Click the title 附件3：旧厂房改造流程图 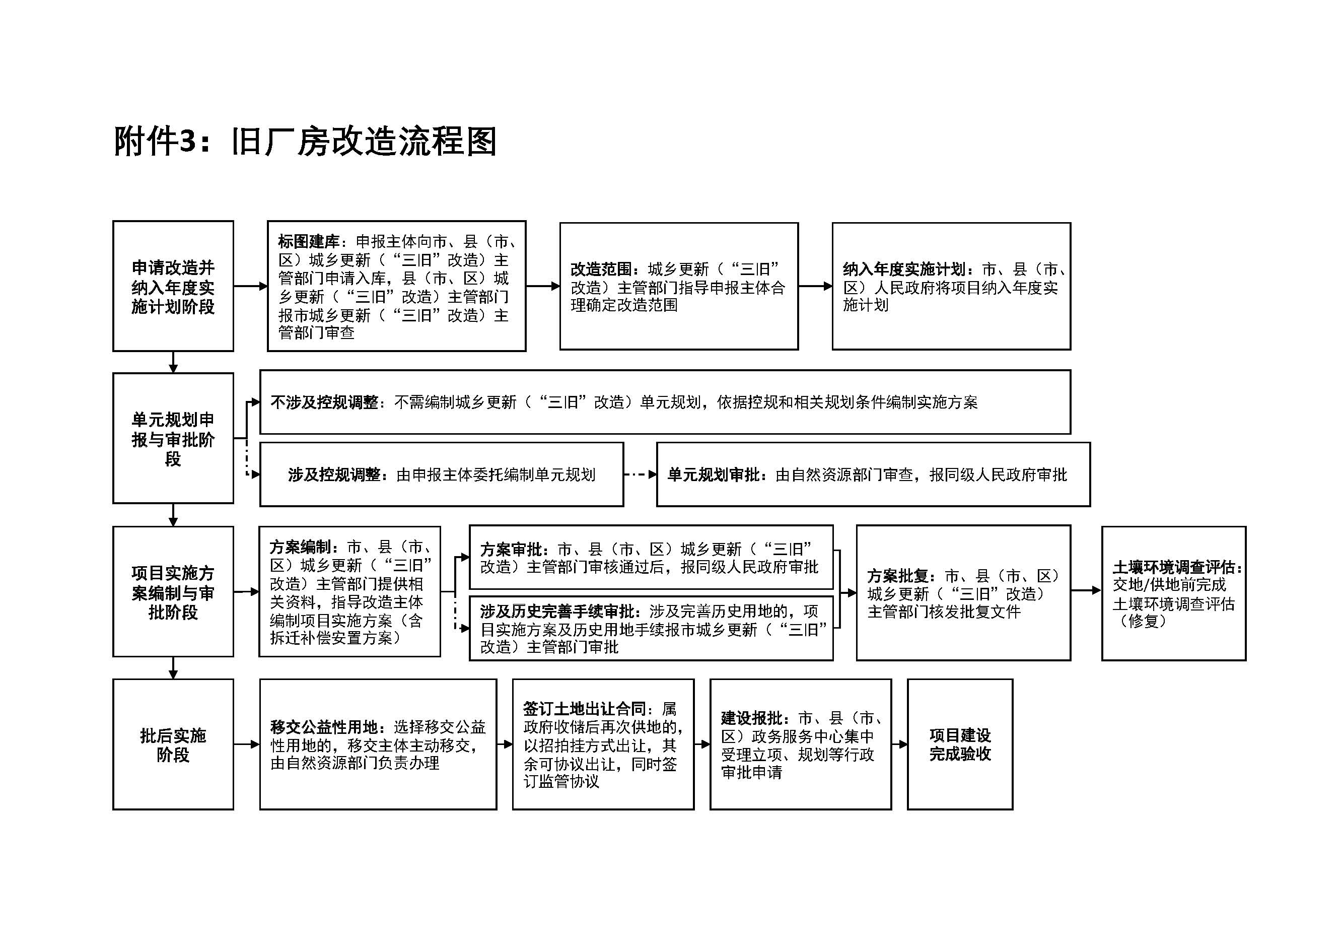click(x=305, y=142)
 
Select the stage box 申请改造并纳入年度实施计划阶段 click(x=173, y=286)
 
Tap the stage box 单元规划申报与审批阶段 click(x=173, y=438)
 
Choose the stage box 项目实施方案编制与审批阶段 click(x=173, y=591)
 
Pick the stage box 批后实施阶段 click(x=173, y=744)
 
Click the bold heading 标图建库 click(x=308, y=242)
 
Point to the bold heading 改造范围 click(x=601, y=269)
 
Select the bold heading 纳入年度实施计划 click(x=904, y=269)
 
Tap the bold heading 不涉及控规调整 click(x=324, y=402)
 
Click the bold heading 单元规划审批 click(x=714, y=474)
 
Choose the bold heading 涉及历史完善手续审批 click(x=556, y=612)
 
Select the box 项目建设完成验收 click(x=960, y=744)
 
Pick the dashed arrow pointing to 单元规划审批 click(x=641, y=474)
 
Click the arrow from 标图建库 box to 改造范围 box click(x=543, y=286)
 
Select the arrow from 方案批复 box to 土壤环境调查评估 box click(x=1086, y=591)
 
